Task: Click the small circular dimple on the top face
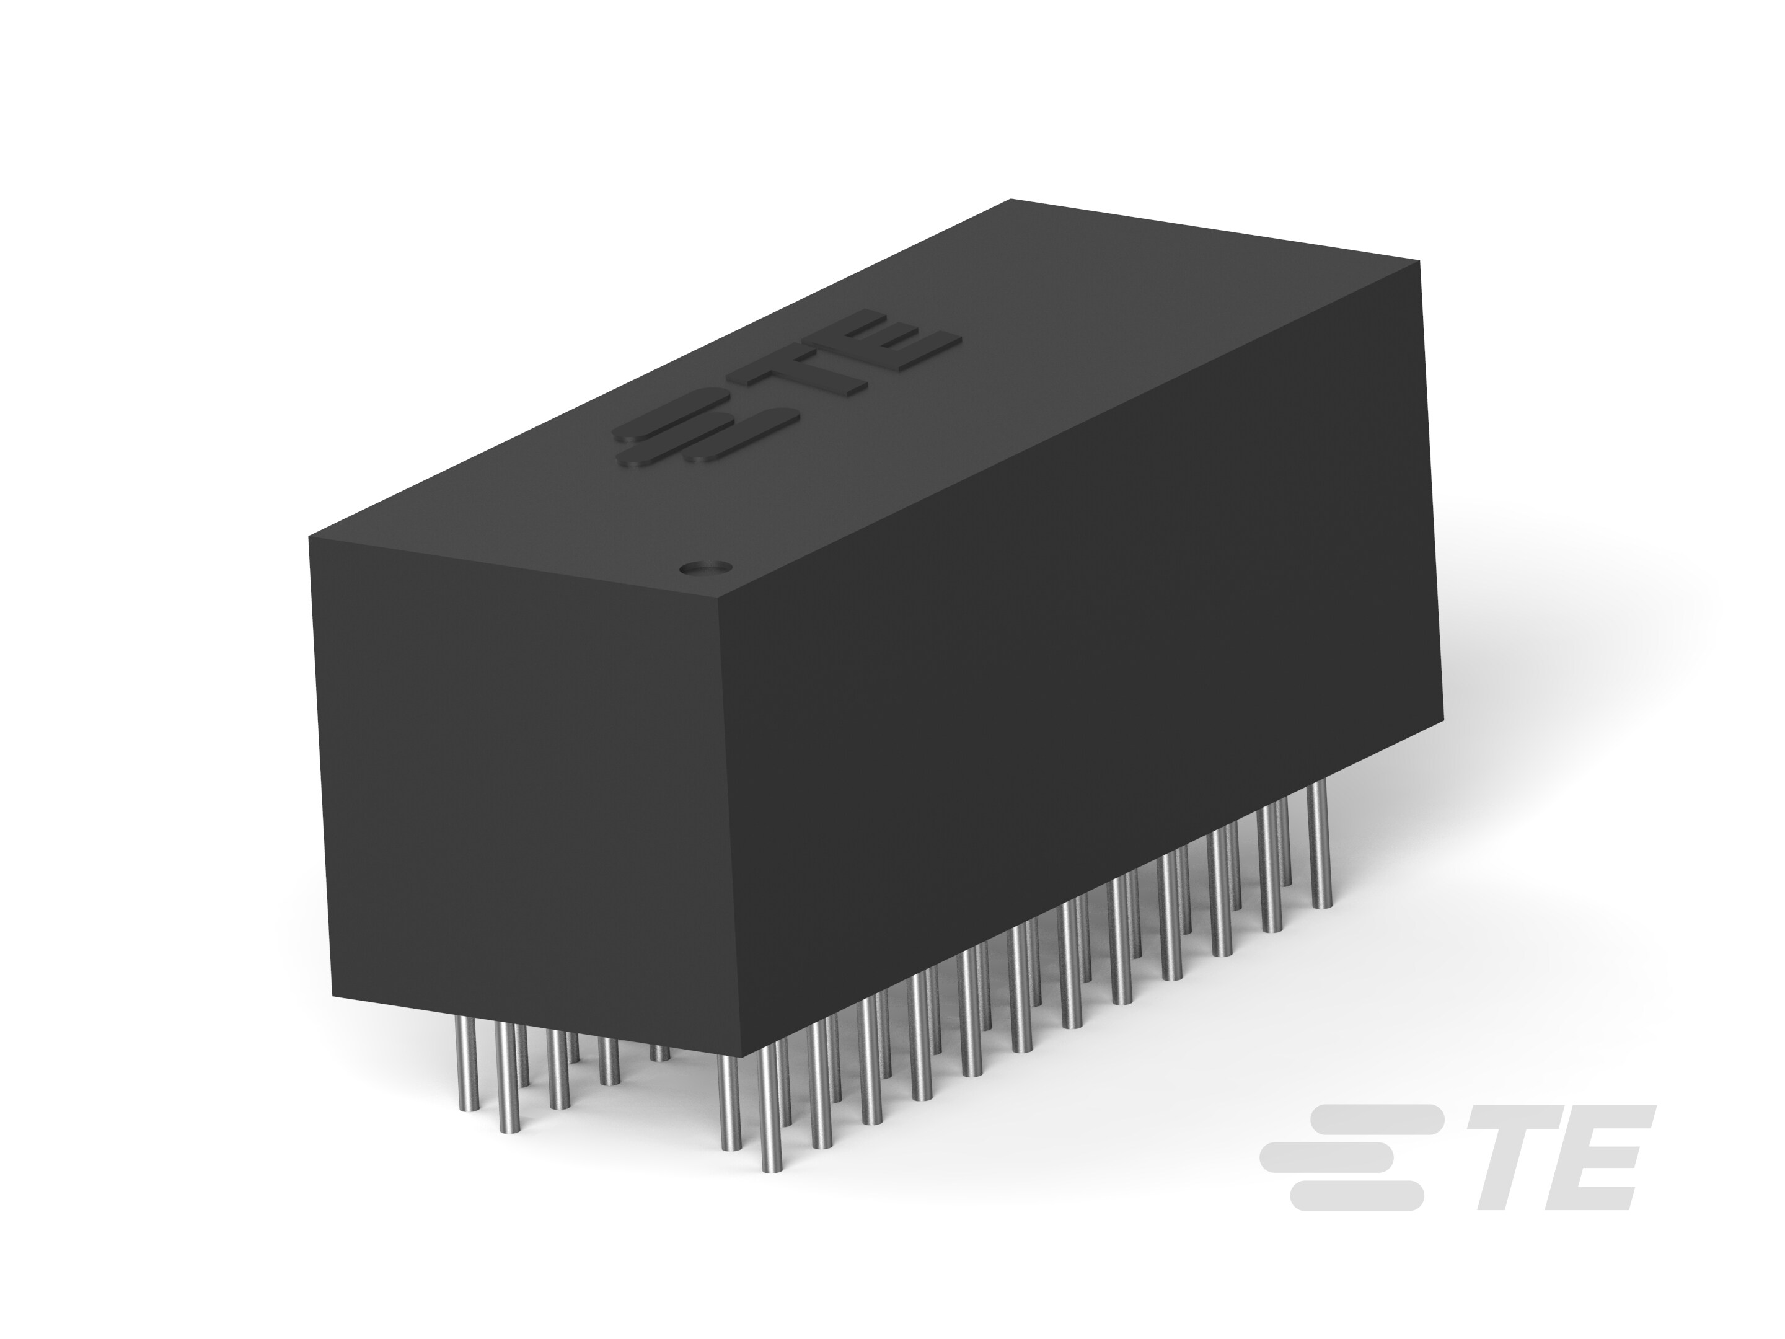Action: click(703, 567)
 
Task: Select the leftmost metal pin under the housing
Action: click(465, 1066)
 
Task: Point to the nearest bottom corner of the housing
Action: click(738, 1055)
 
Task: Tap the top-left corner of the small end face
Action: click(311, 537)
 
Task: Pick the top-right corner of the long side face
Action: click(1419, 261)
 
